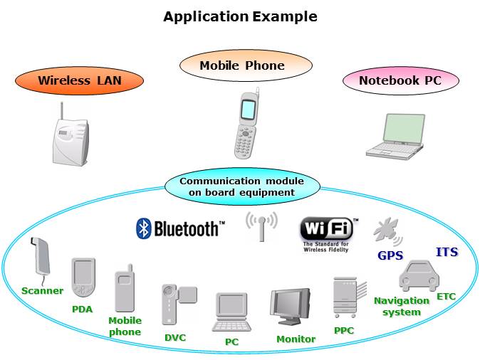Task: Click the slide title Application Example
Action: pyautogui.click(x=240, y=16)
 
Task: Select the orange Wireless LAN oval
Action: pyautogui.click(x=79, y=80)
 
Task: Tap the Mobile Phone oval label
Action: pyautogui.click(x=241, y=66)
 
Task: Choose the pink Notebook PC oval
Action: pyautogui.click(x=400, y=80)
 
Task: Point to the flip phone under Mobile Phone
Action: pyautogui.click(x=246, y=125)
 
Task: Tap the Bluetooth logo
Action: pyautogui.click(x=180, y=228)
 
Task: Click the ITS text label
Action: pyautogui.click(x=447, y=252)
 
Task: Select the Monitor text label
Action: pyautogui.click(x=296, y=339)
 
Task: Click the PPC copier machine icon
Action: pyautogui.click(x=344, y=298)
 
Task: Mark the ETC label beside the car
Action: pyautogui.click(x=446, y=296)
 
